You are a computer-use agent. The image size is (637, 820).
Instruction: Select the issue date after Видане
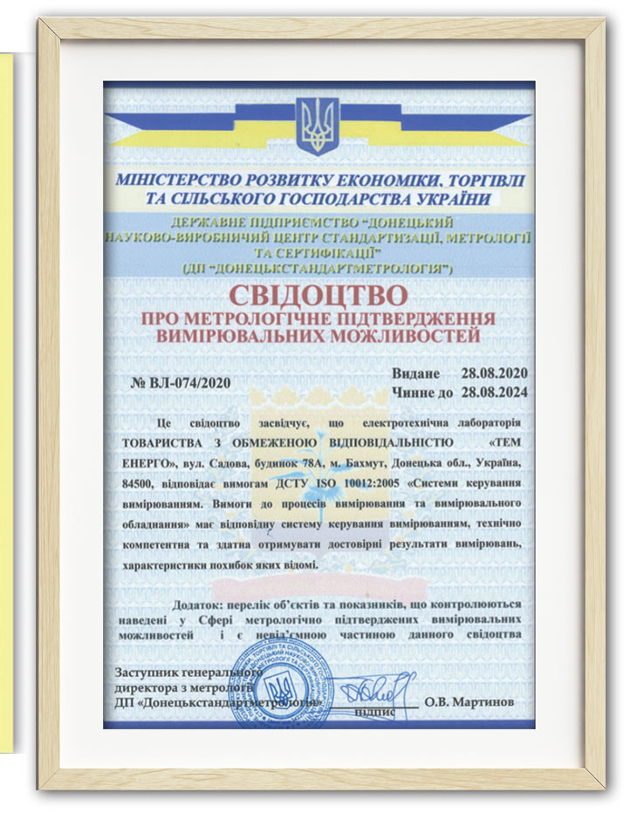pos(495,374)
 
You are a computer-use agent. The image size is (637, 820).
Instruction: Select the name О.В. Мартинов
pos(469,701)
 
